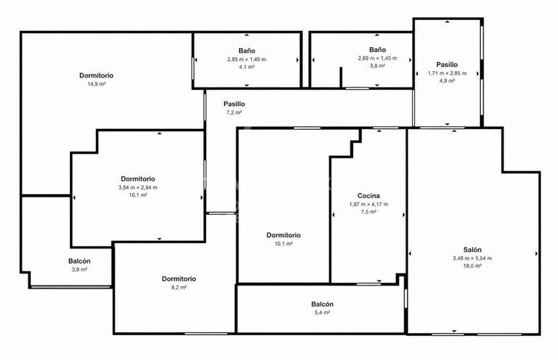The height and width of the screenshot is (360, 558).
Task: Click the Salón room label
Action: coord(472,250)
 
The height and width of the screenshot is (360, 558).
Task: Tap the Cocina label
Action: coord(369,195)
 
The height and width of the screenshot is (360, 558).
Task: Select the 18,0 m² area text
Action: coord(472,266)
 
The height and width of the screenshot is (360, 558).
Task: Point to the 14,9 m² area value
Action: coord(97,84)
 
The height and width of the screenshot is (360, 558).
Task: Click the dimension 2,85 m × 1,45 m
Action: coord(246,59)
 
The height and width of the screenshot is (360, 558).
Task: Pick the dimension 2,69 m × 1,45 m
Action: coord(377,58)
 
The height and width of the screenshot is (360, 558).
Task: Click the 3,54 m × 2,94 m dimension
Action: coord(138,187)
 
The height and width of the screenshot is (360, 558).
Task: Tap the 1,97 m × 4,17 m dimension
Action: coord(369,204)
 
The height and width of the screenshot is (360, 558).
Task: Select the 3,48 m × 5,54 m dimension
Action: coord(472,258)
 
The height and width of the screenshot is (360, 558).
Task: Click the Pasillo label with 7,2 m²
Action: coord(234,104)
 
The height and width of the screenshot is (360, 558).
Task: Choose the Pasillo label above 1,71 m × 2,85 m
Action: coord(447,64)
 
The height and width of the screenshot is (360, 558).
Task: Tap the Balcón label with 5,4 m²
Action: coord(322,304)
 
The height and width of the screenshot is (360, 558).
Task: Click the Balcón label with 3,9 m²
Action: coord(79,261)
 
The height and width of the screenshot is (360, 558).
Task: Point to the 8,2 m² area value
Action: coord(179,287)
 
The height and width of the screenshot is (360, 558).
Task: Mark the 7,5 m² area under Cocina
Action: coord(369,212)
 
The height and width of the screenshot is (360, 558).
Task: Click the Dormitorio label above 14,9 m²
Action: coord(97,75)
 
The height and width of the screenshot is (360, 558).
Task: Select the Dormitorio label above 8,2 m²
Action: coord(179,279)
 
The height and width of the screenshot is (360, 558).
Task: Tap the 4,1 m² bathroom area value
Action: coord(246,67)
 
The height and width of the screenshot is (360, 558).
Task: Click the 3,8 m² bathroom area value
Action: coord(377,66)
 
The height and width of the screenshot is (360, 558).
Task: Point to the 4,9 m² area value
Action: coord(447,81)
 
